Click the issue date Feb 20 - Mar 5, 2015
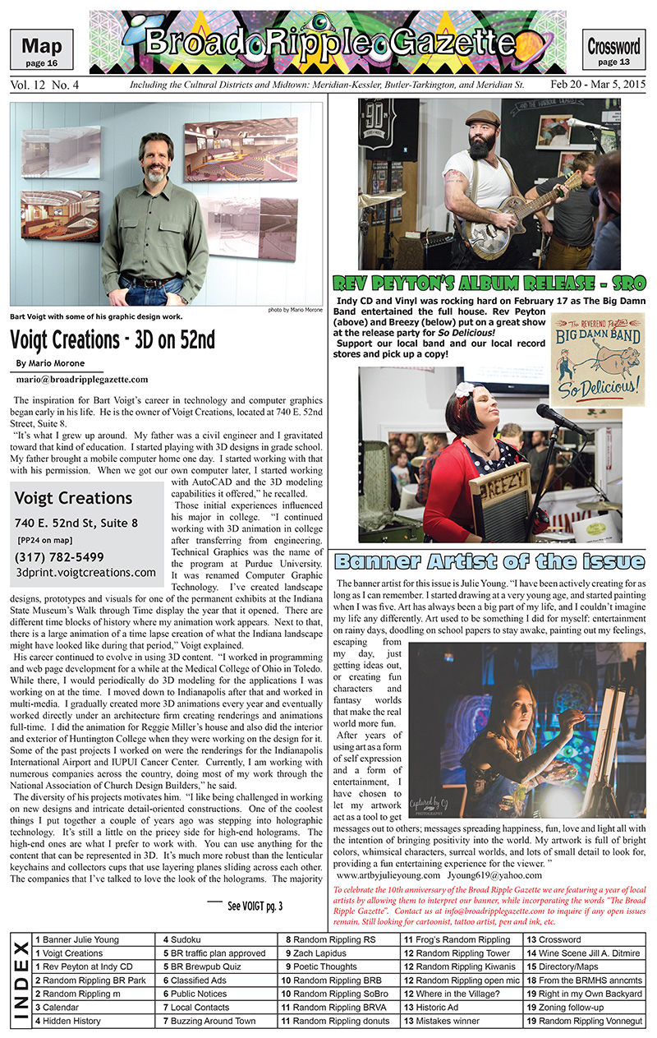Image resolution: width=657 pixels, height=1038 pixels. click(597, 85)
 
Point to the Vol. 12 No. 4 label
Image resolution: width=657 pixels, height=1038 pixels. click(45, 85)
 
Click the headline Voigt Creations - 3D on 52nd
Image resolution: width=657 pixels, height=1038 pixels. click(112, 339)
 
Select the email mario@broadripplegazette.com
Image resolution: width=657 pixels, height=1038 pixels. click(82, 379)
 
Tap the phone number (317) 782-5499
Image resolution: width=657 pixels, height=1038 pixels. click(60, 556)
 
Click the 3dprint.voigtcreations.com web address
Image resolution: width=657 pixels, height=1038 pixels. click(85, 572)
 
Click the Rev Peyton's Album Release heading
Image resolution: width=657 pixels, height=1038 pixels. click(489, 284)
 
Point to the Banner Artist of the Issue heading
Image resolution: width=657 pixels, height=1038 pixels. click(489, 563)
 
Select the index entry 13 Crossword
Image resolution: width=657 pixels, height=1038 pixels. click(554, 939)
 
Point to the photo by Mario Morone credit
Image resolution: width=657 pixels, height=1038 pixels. click(295, 310)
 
